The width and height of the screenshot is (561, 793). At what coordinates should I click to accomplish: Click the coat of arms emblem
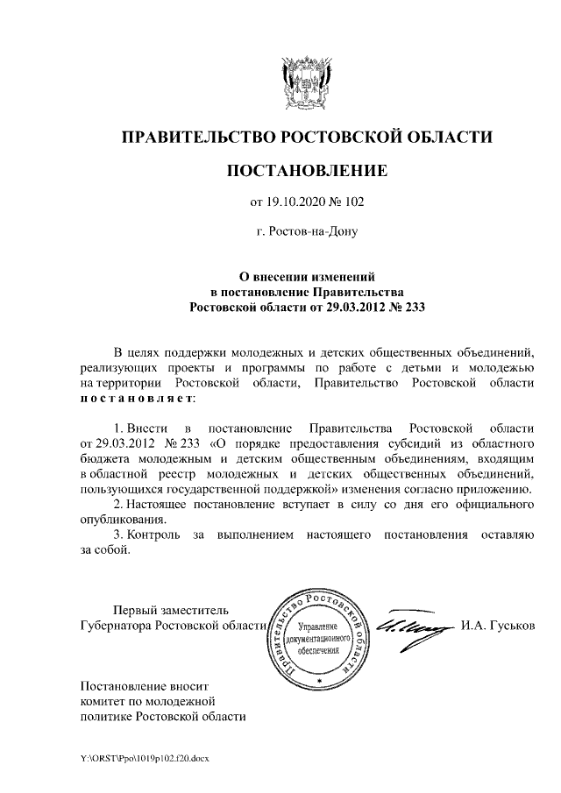[306, 81]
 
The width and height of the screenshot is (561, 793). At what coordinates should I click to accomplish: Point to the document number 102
[352, 202]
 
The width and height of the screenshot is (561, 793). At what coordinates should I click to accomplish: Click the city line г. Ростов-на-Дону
[306, 233]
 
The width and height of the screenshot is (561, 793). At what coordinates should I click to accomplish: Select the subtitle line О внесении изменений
[306, 275]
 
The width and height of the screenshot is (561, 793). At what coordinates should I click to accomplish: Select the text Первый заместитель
[170, 610]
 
